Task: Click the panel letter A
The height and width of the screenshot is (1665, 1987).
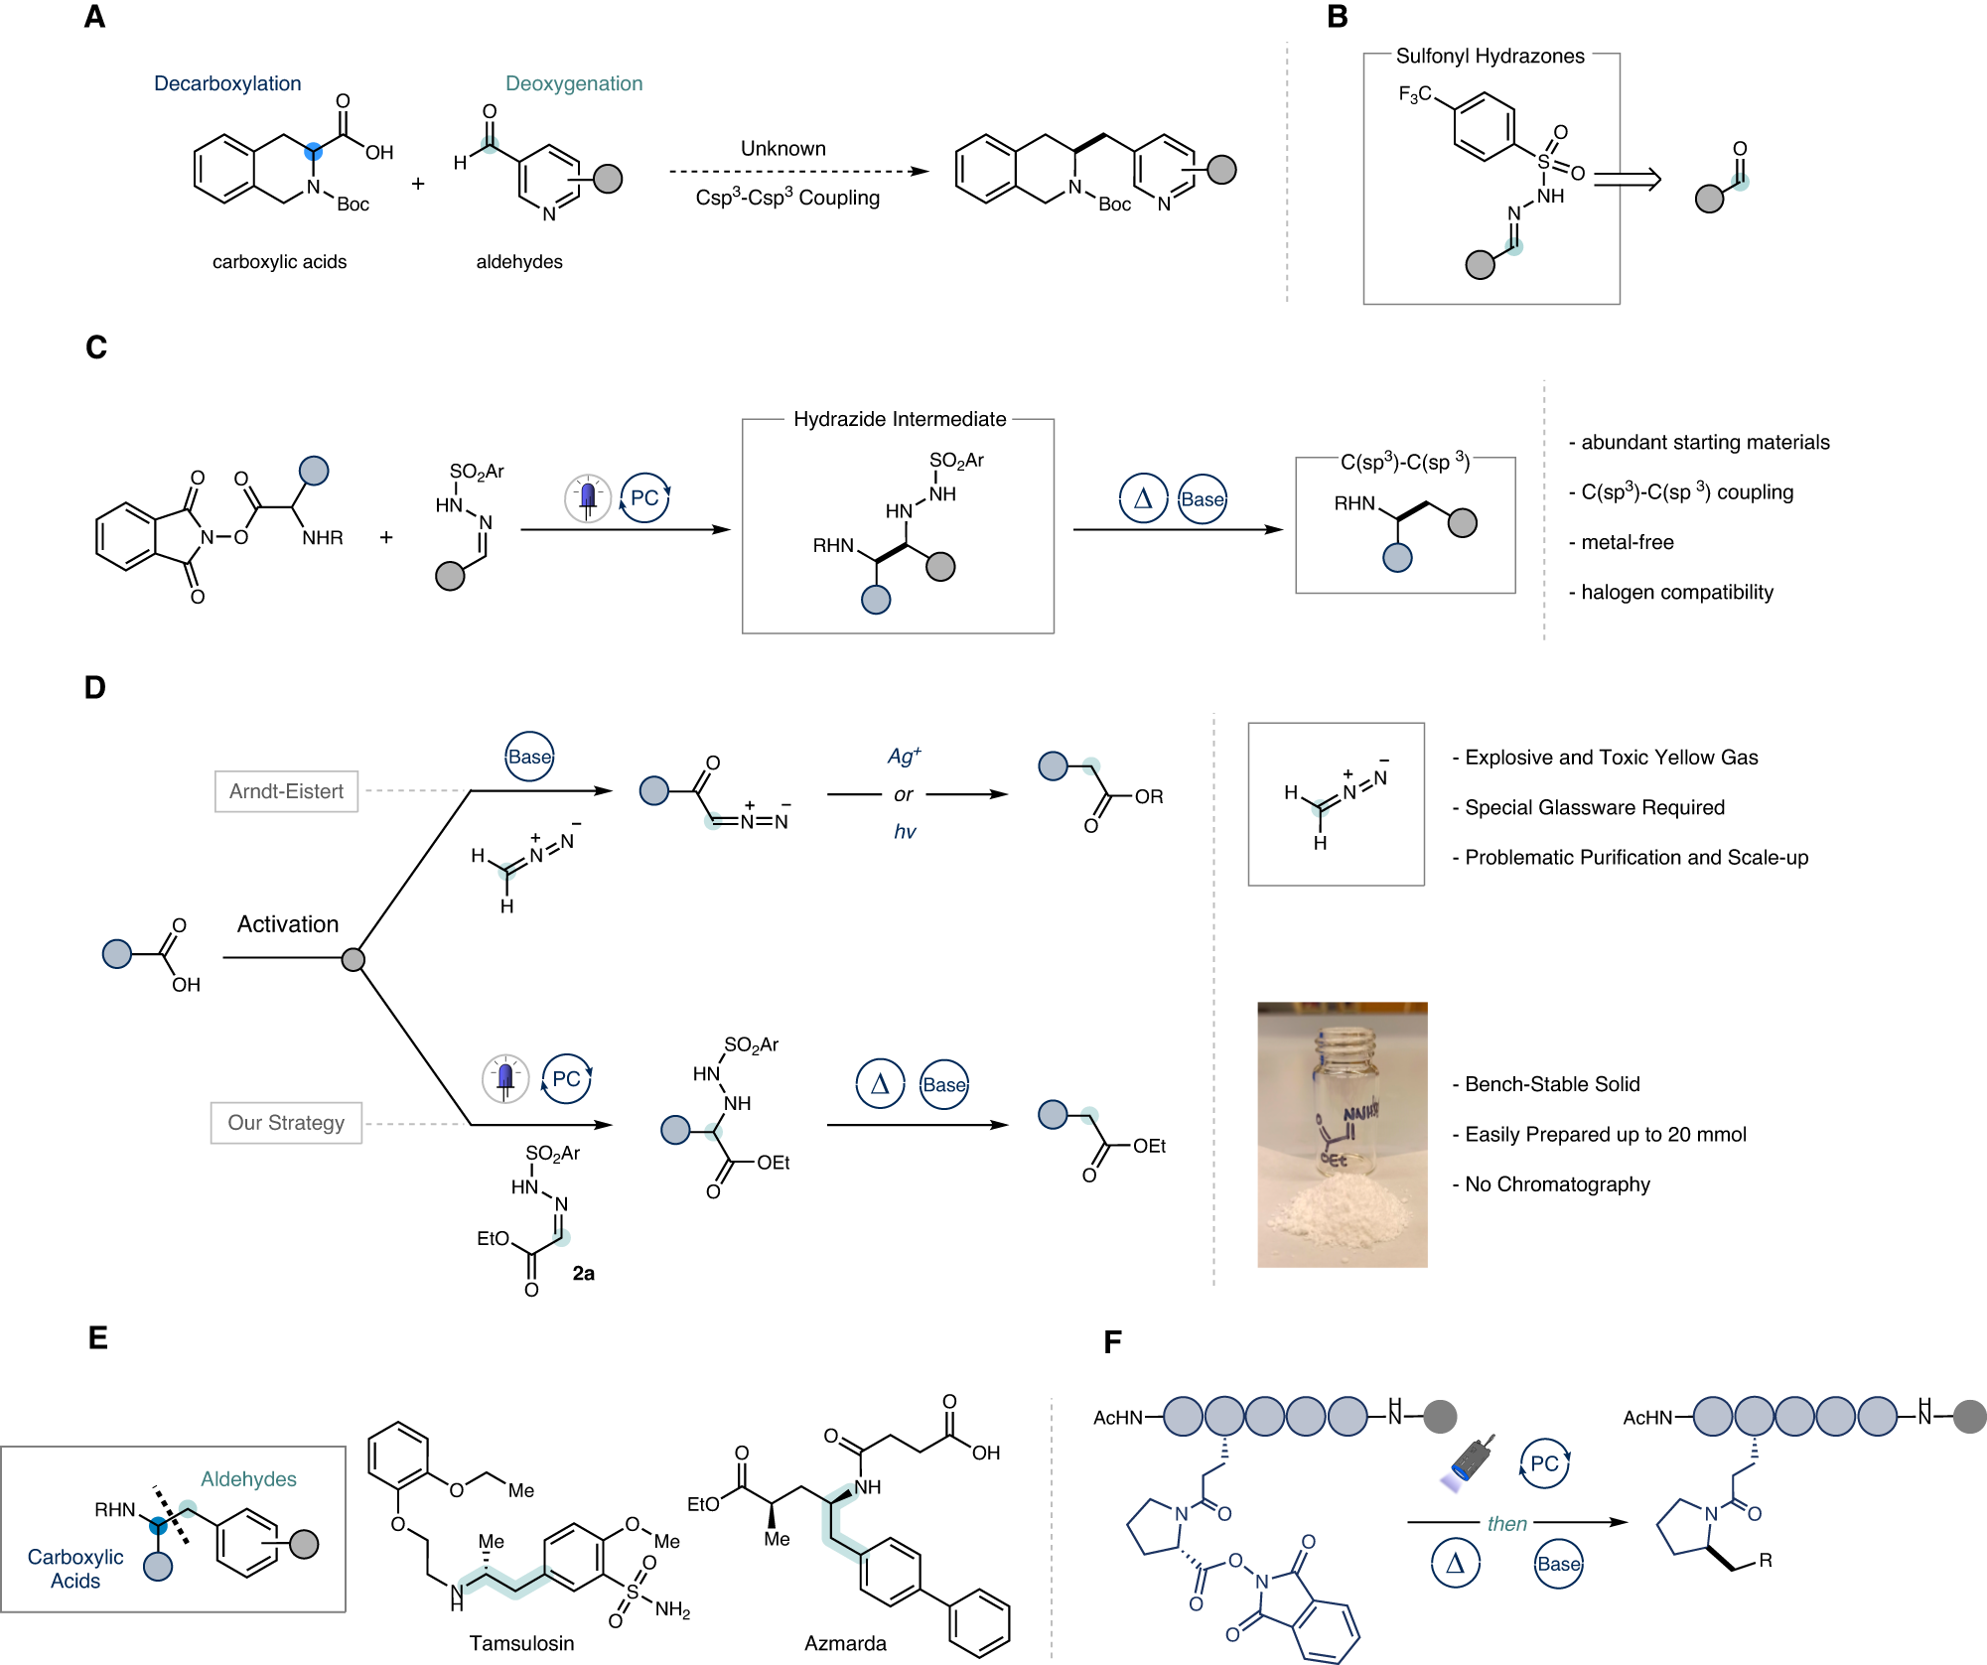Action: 94,17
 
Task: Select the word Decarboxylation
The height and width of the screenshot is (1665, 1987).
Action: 227,83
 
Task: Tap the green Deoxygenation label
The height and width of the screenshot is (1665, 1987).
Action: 574,83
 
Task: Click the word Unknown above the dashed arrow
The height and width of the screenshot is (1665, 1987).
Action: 782,148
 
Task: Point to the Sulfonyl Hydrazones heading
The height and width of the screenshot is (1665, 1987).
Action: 1490,56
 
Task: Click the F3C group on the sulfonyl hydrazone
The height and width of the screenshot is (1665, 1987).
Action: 1414,94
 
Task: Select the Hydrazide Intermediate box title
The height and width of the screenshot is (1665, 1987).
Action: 899,419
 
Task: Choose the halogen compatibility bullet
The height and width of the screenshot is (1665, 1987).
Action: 1675,593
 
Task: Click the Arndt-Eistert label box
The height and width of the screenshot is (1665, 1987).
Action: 286,791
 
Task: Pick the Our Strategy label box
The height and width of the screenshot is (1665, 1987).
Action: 286,1123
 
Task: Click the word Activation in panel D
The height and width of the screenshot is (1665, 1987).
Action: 288,924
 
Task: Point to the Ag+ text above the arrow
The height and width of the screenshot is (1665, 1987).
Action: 904,757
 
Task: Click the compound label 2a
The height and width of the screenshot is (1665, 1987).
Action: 583,1273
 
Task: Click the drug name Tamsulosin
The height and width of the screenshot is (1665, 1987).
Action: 521,1643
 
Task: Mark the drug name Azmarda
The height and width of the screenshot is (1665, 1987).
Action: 845,1643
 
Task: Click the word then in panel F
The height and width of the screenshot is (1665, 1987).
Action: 1506,1524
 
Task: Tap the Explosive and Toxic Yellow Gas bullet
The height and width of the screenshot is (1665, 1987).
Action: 1610,758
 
